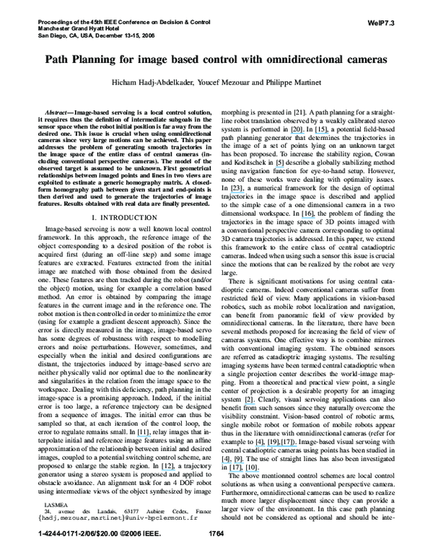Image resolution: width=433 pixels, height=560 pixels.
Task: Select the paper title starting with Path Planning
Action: coord(216,61)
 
